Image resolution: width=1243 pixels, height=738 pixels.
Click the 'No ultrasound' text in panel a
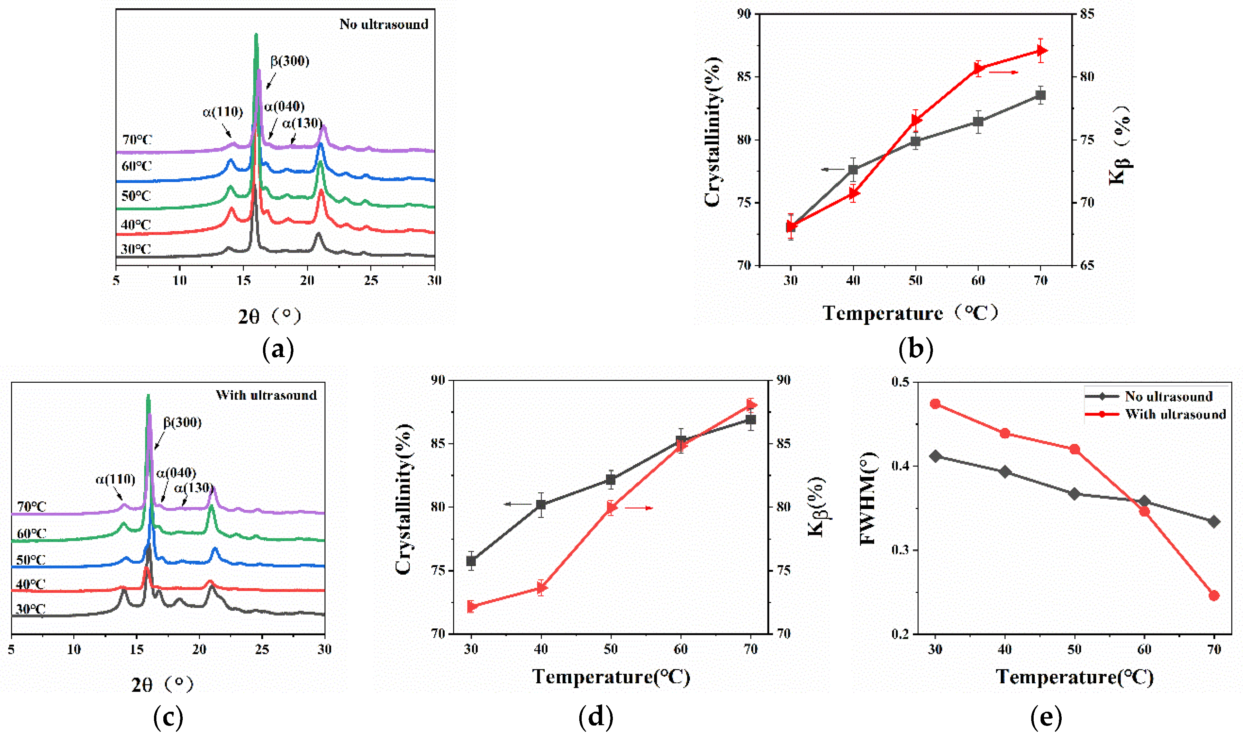click(x=383, y=24)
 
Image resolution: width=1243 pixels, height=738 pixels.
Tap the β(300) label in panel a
click(x=290, y=61)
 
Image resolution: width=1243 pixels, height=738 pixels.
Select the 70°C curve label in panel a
click(x=137, y=140)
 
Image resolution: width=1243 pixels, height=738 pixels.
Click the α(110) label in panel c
click(x=115, y=480)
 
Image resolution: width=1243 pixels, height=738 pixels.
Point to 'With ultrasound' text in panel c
click(x=266, y=395)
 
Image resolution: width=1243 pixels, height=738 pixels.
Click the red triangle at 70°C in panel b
click(x=1041, y=51)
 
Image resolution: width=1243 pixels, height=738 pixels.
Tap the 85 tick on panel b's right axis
click(x=1087, y=14)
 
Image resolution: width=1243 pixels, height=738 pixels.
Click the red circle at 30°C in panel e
click(x=935, y=404)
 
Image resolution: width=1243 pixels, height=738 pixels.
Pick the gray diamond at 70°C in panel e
click(x=1214, y=522)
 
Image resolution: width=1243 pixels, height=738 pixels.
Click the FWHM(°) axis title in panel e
click(x=868, y=499)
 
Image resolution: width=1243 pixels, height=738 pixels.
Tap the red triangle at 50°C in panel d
click(x=611, y=508)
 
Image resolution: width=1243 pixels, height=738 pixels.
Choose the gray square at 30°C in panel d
click(x=471, y=561)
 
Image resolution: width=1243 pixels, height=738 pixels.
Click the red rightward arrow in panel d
click(x=639, y=508)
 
